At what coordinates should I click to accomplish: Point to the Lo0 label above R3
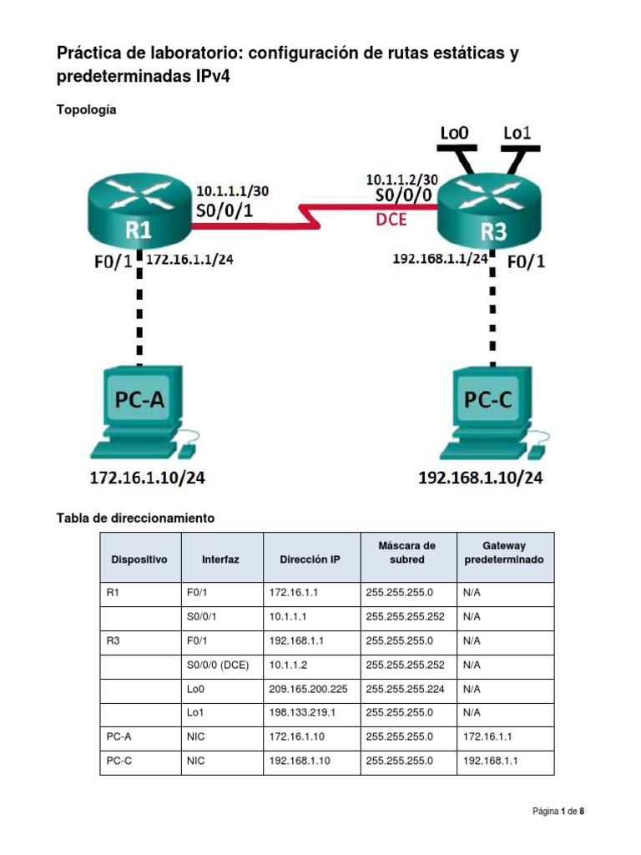tap(454, 133)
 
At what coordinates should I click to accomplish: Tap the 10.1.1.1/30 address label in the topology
tap(231, 191)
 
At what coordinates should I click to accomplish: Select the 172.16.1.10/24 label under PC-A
tap(147, 479)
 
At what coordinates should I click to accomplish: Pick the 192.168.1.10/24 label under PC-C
tap(481, 479)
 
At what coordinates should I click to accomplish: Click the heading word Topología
tap(86, 109)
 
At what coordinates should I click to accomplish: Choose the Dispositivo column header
tap(139, 559)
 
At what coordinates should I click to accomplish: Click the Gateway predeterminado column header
tap(504, 553)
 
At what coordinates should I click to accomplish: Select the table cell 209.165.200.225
tap(308, 690)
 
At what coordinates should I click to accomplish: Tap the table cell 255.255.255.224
tap(405, 690)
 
